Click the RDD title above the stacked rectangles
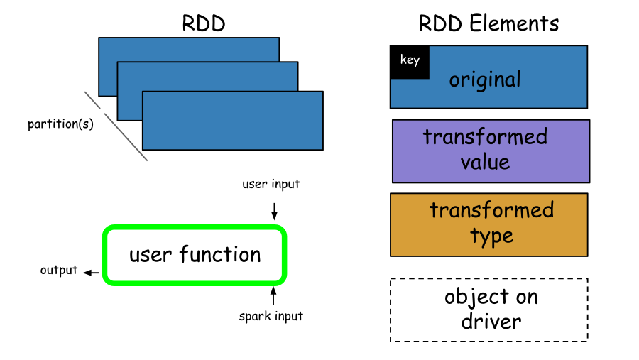pyautogui.click(x=203, y=23)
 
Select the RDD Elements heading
pyautogui.click(x=488, y=23)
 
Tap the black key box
pyautogui.click(x=410, y=62)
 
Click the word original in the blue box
pyautogui.click(x=485, y=80)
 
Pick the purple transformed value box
pyautogui.click(x=491, y=151)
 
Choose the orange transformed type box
pyautogui.click(x=489, y=224)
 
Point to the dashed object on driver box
pyautogui.click(x=489, y=310)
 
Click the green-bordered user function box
pyautogui.click(x=195, y=255)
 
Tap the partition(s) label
pyautogui.click(x=60, y=124)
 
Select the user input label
pyautogui.click(x=271, y=185)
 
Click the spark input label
pyautogui.click(x=271, y=317)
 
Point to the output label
pyautogui.click(x=59, y=270)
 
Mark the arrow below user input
pyautogui.click(x=274, y=211)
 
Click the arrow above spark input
pyautogui.click(x=273, y=295)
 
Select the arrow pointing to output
pyautogui.click(x=91, y=273)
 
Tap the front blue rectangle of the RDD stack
pyautogui.click(x=233, y=121)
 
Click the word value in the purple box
pyautogui.click(x=485, y=163)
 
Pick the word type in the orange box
pyautogui.click(x=492, y=236)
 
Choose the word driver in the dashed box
pyautogui.click(x=491, y=321)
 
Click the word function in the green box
pyautogui.click(x=220, y=254)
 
